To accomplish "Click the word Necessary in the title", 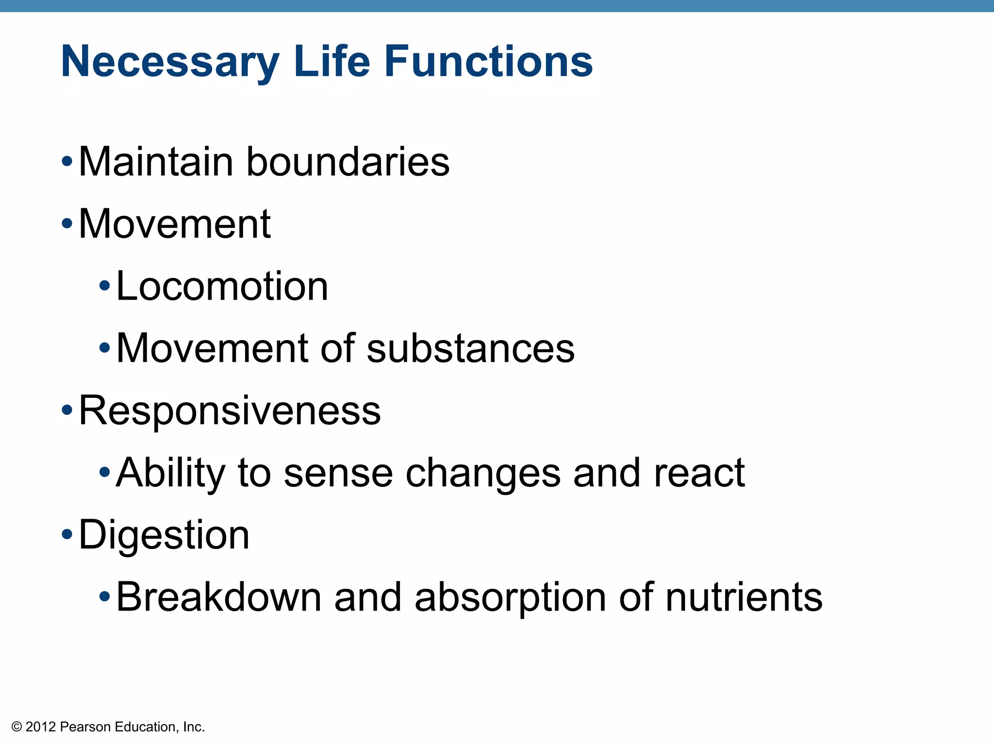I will pos(170,62).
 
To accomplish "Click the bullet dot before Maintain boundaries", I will pos(67,162).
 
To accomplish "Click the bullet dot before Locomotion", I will pos(104,286).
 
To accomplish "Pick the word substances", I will pos(470,348).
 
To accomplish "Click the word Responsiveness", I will pos(230,411).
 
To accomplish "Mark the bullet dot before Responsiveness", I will pos(67,411).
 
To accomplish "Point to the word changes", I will pos(483,473).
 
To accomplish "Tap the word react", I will pos(699,473).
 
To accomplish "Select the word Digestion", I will pos(164,535).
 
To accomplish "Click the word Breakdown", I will pos(219,597).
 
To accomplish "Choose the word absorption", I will pos(510,598).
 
